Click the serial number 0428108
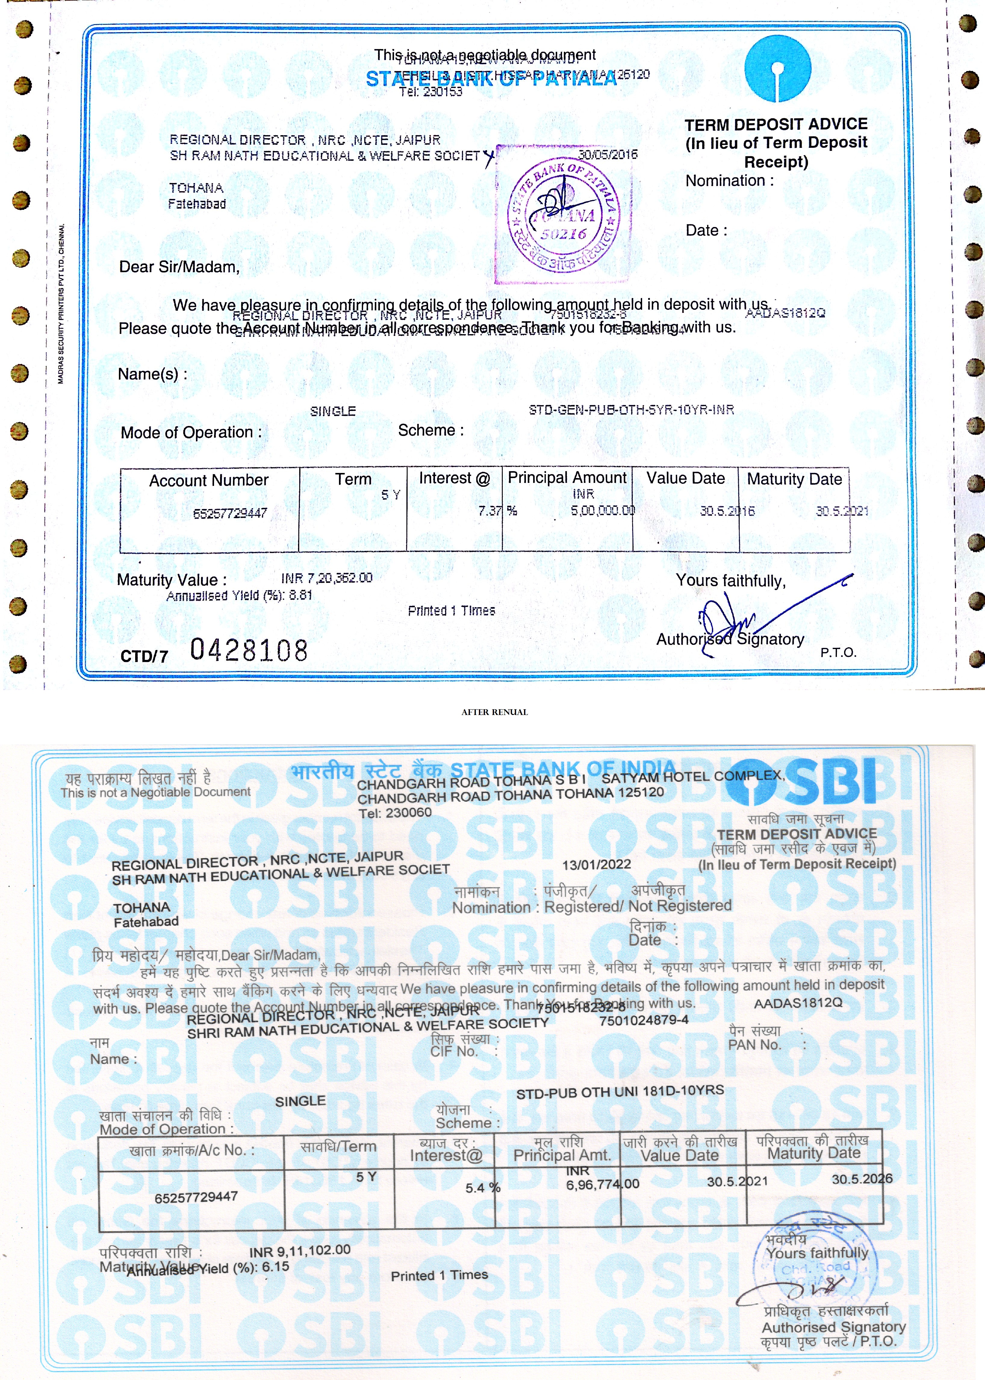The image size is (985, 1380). pyautogui.click(x=249, y=650)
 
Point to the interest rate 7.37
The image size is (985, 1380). pyautogui.click(x=489, y=511)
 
